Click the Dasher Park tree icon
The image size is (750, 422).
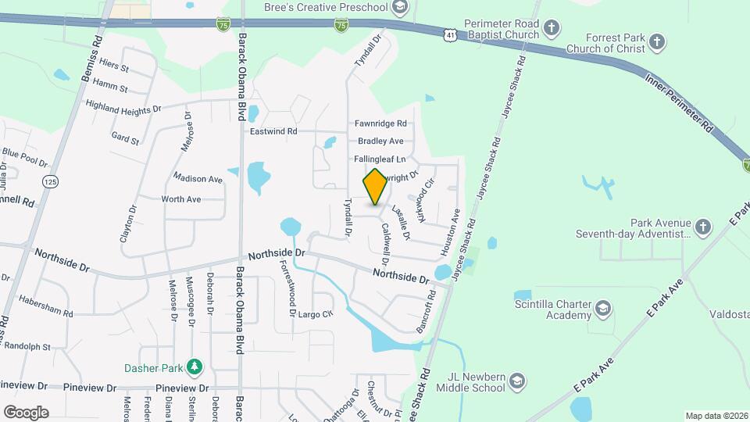pyautogui.click(x=193, y=367)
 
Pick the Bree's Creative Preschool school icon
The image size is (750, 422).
pyautogui.click(x=400, y=8)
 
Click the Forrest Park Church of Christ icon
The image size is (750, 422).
pyautogui.click(x=658, y=41)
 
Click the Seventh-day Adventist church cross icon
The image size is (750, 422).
pyautogui.click(x=703, y=227)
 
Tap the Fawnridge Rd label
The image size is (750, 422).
pyautogui.click(x=380, y=123)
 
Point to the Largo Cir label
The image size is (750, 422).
pyautogui.click(x=316, y=314)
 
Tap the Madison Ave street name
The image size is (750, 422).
pyautogui.click(x=198, y=179)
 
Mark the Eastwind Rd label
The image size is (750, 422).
pyautogui.click(x=273, y=132)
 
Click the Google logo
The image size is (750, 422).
pyautogui.click(x=26, y=413)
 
